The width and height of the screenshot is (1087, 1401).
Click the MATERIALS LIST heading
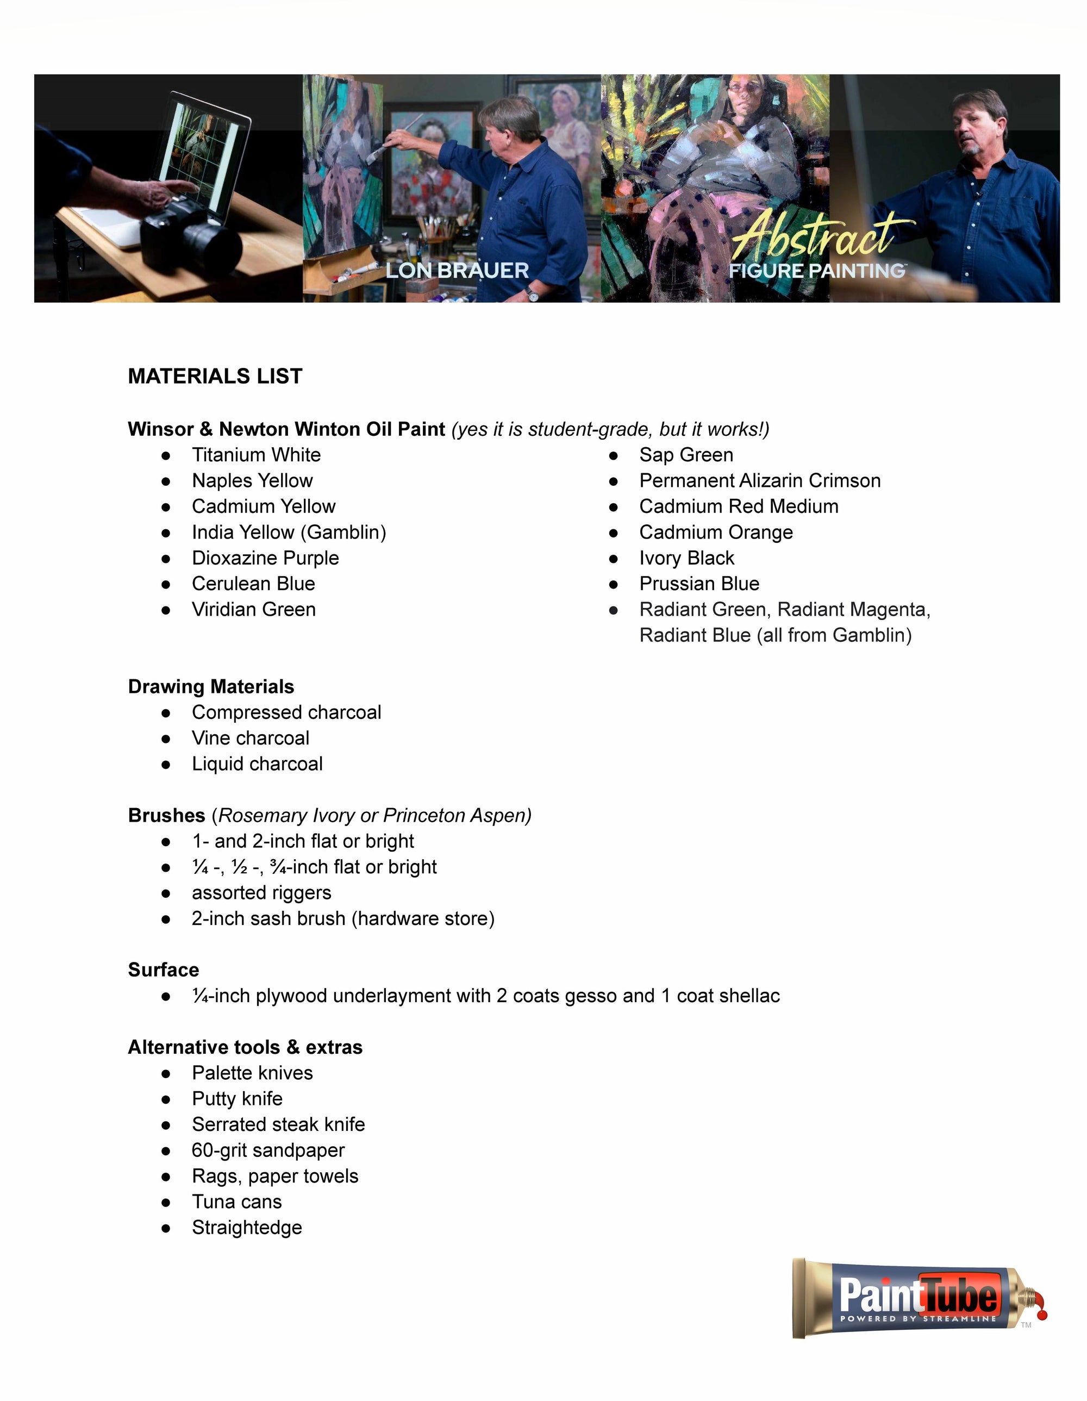pyautogui.click(x=215, y=376)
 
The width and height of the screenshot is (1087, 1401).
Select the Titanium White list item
pyautogui.click(x=256, y=455)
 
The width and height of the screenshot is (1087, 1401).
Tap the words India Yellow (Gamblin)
pyautogui.click(x=289, y=533)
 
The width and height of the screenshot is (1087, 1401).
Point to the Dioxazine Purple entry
pyautogui.click(x=265, y=558)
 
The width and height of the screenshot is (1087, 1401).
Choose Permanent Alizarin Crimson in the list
pyautogui.click(x=760, y=480)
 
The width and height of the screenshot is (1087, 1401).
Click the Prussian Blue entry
pyautogui.click(x=699, y=584)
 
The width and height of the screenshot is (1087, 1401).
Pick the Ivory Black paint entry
pyautogui.click(x=686, y=558)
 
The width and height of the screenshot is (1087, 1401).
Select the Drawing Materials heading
pyautogui.click(x=211, y=686)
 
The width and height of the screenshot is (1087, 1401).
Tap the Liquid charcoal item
pyautogui.click(x=257, y=764)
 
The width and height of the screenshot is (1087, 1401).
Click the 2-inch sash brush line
pyautogui.click(x=342, y=918)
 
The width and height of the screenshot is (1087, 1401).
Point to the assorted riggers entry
pyautogui.click(x=261, y=893)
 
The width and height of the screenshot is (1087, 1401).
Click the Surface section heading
pyautogui.click(x=164, y=970)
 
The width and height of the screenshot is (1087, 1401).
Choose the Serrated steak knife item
pyautogui.click(x=278, y=1124)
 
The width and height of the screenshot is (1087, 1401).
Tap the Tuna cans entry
pyautogui.click(x=237, y=1202)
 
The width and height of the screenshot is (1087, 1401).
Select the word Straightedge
pyautogui.click(x=246, y=1227)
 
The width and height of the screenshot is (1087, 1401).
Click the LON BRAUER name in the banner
pyautogui.click(x=457, y=271)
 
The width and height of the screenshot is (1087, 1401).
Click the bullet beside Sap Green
pyautogui.click(x=614, y=455)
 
